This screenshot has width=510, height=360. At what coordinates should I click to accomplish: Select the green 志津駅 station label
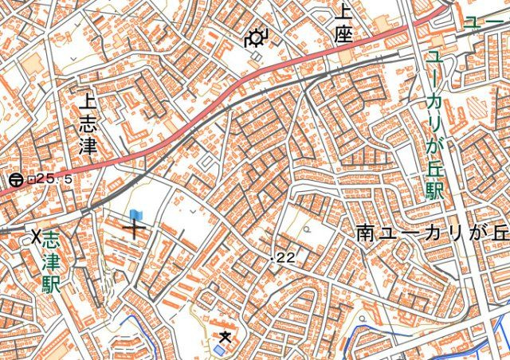click(52, 261)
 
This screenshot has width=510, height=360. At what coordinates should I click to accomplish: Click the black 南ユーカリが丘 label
click(433, 233)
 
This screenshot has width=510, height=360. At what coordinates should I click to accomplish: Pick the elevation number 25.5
click(54, 180)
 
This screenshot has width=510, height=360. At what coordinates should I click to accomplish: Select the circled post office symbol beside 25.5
click(16, 180)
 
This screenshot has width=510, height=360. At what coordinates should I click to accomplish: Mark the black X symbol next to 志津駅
click(36, 236)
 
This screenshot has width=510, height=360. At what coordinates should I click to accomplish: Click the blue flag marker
click(135, 215)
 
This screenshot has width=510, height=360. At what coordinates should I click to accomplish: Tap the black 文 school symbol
click(226, 337)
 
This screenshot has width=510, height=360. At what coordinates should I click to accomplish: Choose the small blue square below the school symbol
click(219, 350)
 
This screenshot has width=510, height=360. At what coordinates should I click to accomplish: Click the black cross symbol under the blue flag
click(134, 230)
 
